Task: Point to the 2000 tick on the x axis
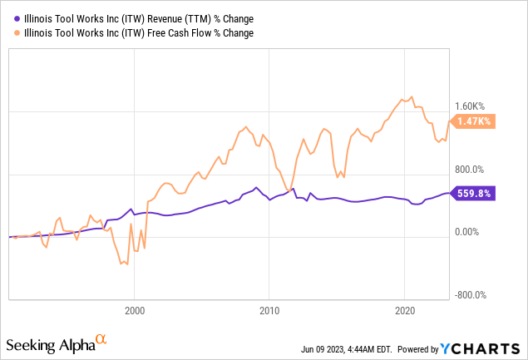135,311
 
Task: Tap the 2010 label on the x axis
269,311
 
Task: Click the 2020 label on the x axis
404,311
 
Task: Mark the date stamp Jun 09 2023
321,349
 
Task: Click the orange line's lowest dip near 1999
123,264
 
